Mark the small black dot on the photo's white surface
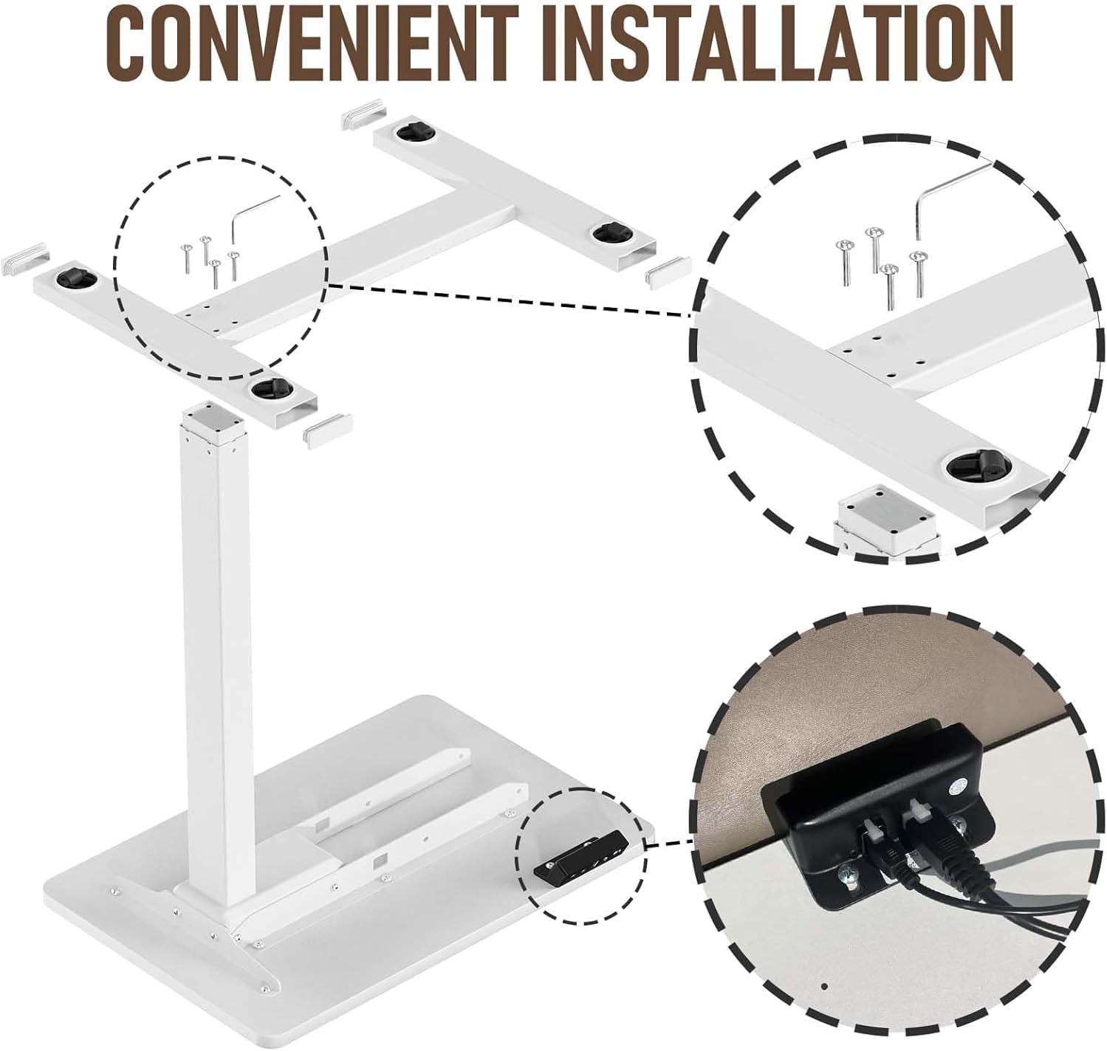825,986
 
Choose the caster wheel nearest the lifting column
267,389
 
